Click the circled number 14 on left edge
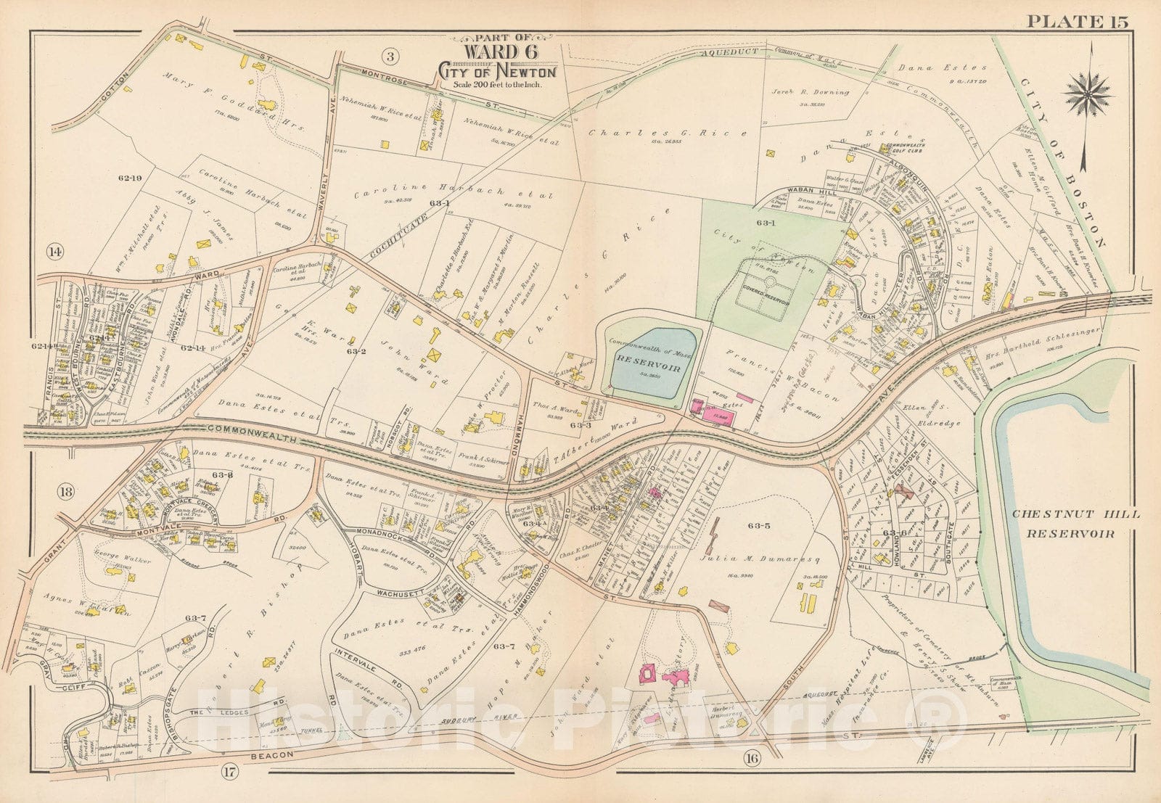tap(54, 252)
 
